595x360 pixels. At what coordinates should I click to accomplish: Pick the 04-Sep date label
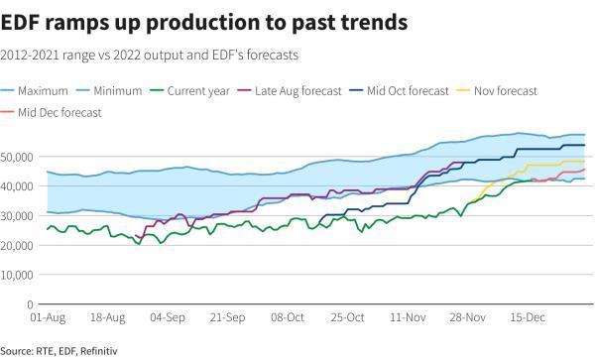click(168, 318)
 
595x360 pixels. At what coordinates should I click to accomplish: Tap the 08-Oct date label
click(289, 318)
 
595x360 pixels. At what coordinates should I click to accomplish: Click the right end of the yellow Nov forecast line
click(584, 161)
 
